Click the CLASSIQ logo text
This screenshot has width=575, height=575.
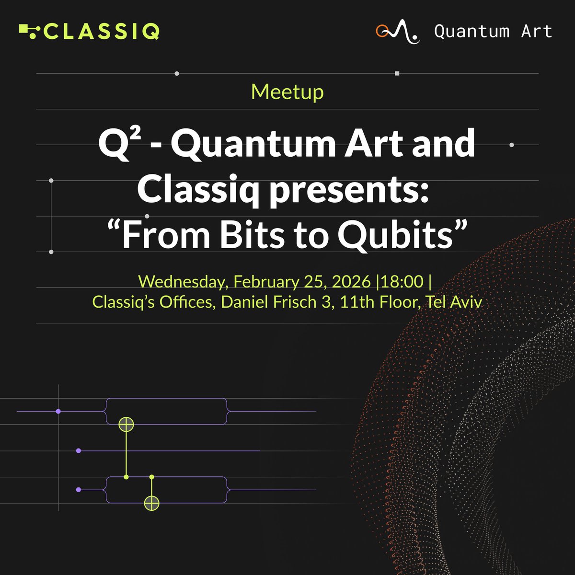102,32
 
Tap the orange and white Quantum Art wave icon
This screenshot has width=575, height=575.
397,32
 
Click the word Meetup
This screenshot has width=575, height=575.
287,92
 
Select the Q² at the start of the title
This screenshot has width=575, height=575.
113,144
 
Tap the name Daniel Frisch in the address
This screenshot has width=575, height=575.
275,302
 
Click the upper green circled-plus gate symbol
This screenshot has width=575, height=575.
126,424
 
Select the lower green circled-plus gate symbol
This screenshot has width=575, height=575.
151,503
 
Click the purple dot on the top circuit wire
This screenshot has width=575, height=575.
58,411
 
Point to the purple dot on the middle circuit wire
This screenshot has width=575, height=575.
78,451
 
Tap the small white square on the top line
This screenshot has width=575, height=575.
397,73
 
